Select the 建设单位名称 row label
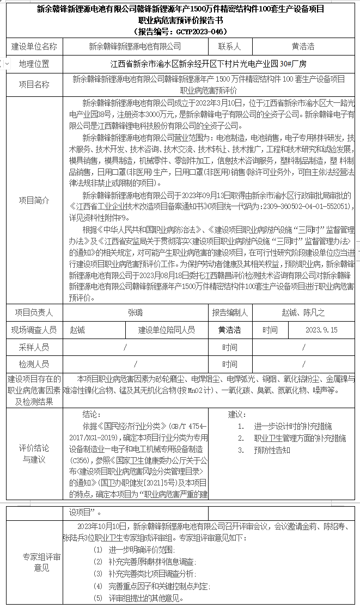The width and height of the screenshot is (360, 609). tap(34, 47)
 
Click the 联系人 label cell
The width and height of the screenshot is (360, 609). tap(229, 47)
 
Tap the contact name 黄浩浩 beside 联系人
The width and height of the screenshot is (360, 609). tap(303, 47)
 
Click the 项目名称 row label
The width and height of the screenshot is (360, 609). tap(34, 84)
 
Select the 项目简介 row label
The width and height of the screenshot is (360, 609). tap(34, 199)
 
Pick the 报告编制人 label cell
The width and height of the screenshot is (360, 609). tap(230, 313)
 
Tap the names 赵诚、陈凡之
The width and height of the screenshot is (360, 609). tap(303, 313)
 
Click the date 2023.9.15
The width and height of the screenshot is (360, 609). tap(321, 330)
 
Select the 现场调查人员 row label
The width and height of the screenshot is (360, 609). tap(34, 330)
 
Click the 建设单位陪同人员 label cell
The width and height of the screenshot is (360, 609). tap(167, 330)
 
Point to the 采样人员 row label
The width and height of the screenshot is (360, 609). tap(34, 347)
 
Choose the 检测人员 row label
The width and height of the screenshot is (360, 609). tap(34, 364)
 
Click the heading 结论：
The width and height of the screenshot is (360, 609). tap(91, 414)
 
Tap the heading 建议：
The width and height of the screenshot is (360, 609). tap(235, 414)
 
